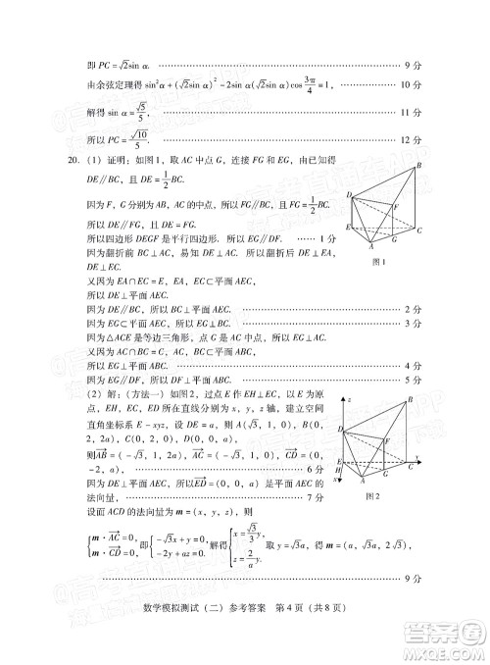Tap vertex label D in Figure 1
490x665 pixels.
[x=348, y=196]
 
